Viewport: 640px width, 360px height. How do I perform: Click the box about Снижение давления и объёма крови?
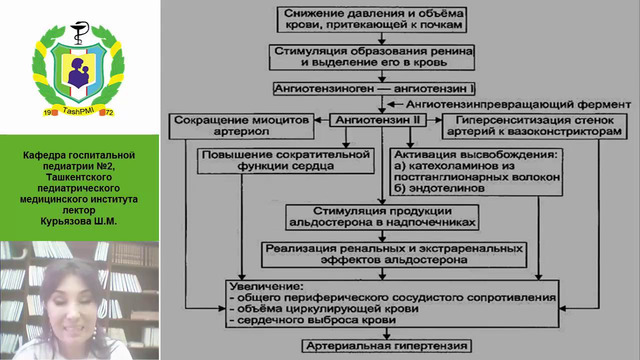click(x=386, y=20)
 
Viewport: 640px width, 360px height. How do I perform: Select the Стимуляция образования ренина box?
click(x=385, y=55)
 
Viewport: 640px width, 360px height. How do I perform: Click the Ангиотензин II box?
click(x=380, y=119)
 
